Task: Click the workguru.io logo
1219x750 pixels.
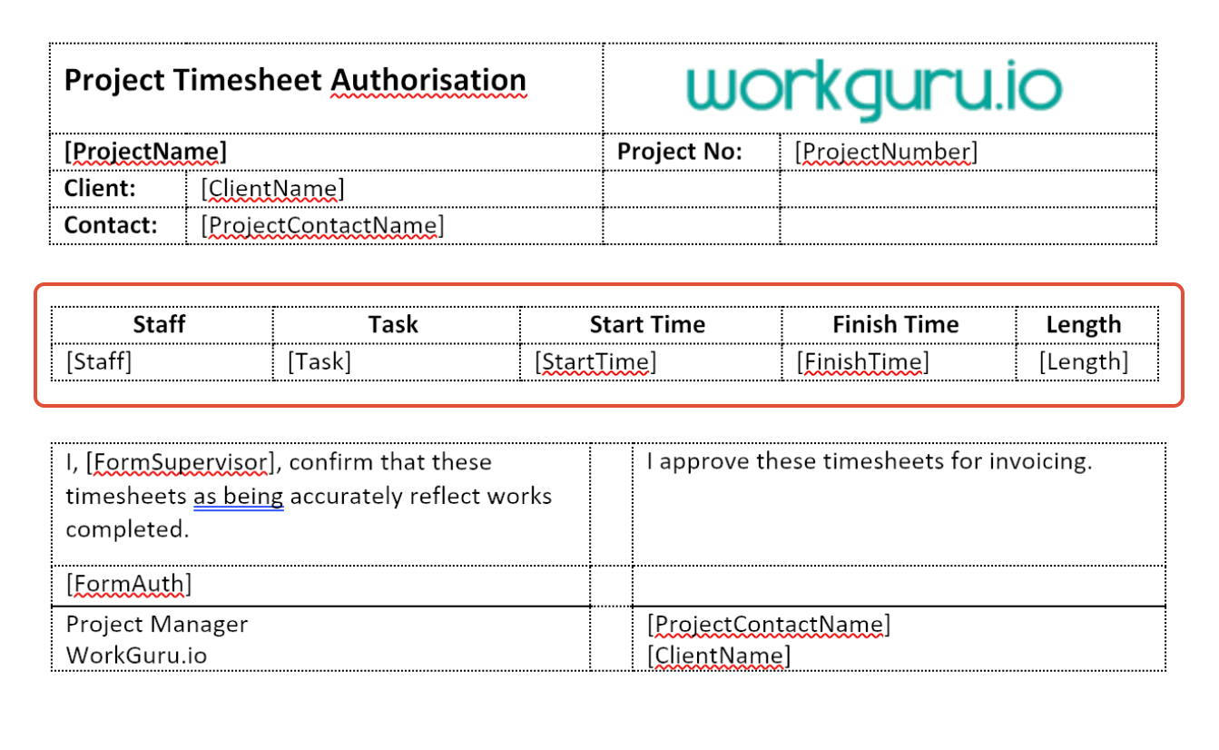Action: point(874,89)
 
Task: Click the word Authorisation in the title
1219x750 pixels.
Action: point(428,81)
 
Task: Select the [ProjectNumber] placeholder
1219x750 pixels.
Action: point(886,152)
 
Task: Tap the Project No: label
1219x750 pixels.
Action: point(680,152)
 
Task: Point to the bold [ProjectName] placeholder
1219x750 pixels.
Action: point(145,152)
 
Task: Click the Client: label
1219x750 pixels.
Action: point(100,188)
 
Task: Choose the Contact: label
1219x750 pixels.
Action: point(111,225)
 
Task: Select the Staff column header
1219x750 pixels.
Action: point(159,325)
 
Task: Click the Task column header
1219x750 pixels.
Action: point(393,325)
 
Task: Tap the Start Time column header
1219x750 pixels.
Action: point(647,325)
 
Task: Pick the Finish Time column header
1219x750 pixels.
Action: point(896,325)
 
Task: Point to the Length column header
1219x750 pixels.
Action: point(1084,326)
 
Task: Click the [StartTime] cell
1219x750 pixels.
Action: point(595,362)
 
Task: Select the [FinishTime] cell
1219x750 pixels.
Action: point(863,362)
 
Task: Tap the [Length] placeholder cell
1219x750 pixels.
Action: point(1084,362)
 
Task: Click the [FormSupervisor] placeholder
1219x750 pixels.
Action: point(180,463)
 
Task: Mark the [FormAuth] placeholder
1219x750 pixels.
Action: point(129,584)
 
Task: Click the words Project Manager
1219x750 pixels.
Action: point(157,625)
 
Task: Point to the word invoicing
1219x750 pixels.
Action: point(1040,462)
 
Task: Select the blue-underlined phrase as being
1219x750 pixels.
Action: point(239,497)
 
